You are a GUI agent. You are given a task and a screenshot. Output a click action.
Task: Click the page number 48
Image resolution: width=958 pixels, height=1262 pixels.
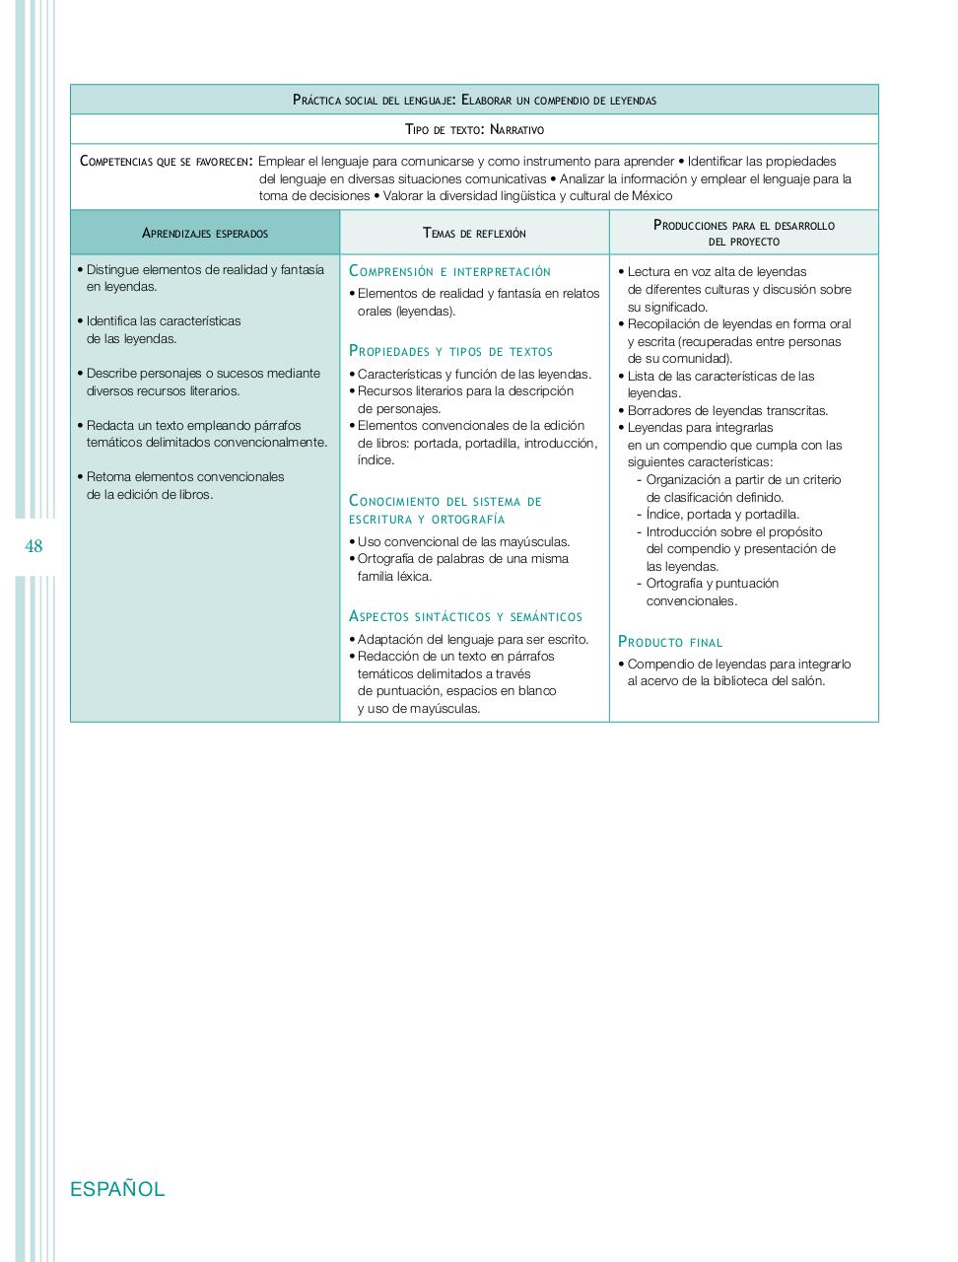click(34, 546)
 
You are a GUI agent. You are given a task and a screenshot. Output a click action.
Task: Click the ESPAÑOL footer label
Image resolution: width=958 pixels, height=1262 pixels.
click(117, 1189)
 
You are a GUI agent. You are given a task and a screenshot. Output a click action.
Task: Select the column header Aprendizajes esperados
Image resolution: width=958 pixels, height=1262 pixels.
click(205, 234)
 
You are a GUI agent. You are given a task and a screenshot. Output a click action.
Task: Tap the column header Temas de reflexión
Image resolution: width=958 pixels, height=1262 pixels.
click(474, 234)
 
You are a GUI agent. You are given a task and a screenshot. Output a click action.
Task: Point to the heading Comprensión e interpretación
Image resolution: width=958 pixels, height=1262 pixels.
click(449, 271)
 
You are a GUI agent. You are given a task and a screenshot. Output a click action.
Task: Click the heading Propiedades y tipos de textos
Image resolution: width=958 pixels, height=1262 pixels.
click(450, 351)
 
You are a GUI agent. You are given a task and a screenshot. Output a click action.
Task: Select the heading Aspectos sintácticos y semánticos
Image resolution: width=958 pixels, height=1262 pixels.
click(465, 616)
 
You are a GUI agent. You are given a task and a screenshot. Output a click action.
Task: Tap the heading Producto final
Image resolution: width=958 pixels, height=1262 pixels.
click(670, 642)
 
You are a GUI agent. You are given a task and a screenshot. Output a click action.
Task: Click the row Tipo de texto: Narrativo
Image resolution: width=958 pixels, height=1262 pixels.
click(474, 129)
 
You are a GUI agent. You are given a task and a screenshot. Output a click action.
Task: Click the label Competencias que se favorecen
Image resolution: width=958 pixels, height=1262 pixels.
click(165, 162)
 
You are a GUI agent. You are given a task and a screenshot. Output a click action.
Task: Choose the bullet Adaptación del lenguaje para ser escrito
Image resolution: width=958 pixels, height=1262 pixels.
click(472, 639)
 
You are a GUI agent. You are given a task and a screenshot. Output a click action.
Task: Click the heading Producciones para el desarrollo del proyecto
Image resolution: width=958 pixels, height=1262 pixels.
click(743, 233)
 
